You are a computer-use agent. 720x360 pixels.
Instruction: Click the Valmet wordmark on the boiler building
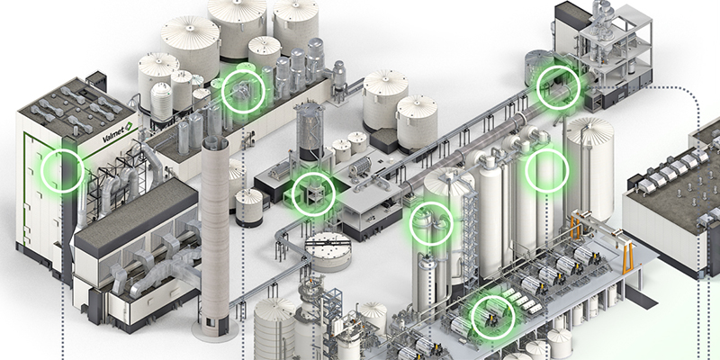pos(113,134)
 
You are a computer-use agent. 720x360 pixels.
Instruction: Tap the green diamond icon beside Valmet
pos(129,125)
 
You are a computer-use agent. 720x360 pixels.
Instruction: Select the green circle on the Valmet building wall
pos(62,171)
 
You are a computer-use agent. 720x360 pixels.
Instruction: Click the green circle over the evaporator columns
pos(243,92)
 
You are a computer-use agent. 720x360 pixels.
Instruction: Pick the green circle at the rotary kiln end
pos(558,87)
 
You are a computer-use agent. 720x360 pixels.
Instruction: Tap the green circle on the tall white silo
pos(547,170)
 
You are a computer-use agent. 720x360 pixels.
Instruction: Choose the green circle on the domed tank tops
pos(431,223)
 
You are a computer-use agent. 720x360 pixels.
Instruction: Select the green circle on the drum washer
pos(493,318)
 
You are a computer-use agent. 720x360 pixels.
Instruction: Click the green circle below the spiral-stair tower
pos(313,194)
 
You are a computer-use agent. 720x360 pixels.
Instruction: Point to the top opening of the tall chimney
pos(215,140)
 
